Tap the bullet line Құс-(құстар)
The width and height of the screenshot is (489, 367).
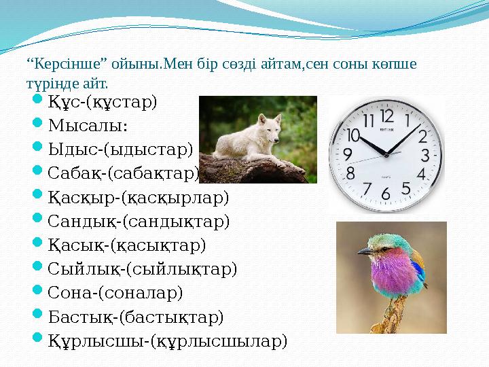(x=103, y=102)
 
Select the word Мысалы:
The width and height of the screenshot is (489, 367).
(x=88, y=126)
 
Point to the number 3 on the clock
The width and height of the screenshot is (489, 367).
(x=426, y=154)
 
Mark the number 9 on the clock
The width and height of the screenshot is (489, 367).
(x=347, y=154)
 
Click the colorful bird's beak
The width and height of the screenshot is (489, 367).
(x=365, y=251)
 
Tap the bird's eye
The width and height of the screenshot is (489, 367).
(x=378, y=245)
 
